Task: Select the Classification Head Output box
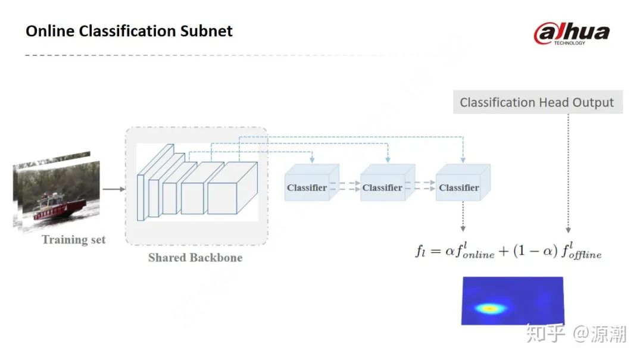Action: (x=536, y=102)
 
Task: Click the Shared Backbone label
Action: (x=195, y=258)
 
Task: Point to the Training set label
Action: (x=73, y=240)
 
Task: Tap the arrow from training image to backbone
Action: (x=113, y=189)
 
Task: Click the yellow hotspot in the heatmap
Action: (x=489, y=308)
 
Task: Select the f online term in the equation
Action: (x=470, y=251)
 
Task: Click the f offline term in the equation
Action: (x=580, y=251)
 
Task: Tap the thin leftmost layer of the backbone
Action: (x=141, y=196)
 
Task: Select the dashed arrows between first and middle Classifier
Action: (x=345, y=187)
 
